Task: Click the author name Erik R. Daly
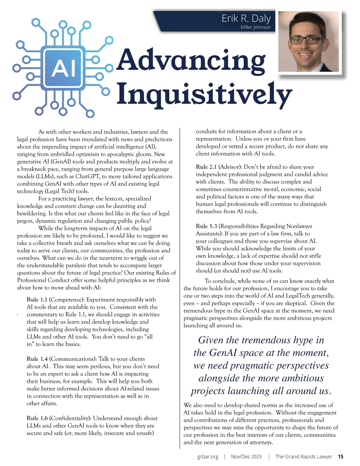point(246,19)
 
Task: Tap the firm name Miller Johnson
point(255,27)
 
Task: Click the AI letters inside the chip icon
point(63,68)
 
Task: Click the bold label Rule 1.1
point(37,299)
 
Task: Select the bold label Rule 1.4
point(37,359)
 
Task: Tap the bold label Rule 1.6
point(37,418)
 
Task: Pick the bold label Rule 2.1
point(206,167)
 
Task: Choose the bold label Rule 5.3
point(206,226)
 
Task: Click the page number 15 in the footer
point(340,456)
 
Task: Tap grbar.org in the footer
point(208,456)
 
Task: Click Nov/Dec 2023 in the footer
point(246,456)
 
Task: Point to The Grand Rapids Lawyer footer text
point(304,456)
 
